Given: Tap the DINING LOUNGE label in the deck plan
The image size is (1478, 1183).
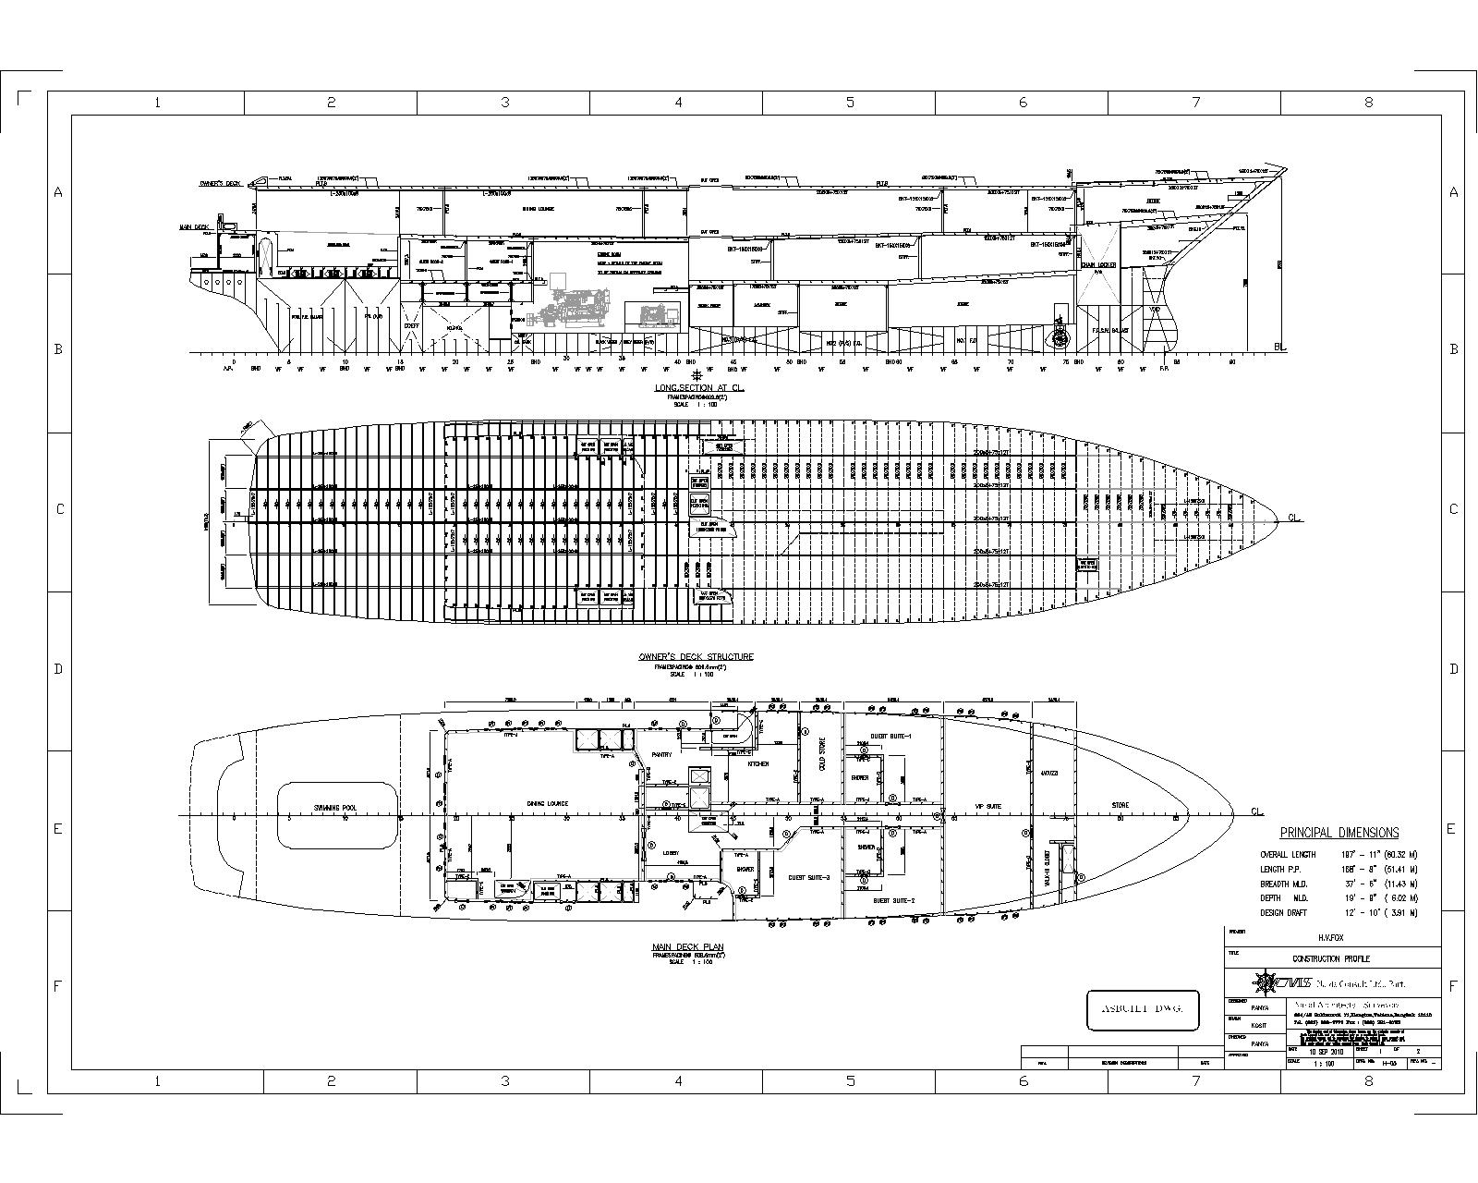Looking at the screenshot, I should click(x=547, y=803).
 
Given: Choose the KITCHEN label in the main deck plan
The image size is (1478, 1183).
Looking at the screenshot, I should click(x=757, y=764).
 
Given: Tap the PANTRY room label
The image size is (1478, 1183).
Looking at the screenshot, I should click(x=661, y=754).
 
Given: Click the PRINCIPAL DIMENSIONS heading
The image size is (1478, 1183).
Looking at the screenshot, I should click(x=1339, y=833).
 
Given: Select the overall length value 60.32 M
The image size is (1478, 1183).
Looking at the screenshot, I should click(x=1397, y=855).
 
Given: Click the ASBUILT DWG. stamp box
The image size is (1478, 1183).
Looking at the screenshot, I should click(x=1143, y=1010).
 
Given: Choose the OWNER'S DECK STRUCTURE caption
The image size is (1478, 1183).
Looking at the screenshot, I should click(x=696, y=657).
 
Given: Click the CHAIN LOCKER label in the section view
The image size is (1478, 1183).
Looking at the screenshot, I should click(x=1098, y=265).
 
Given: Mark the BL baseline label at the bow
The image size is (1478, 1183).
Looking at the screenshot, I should click(x=1279, y=348).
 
